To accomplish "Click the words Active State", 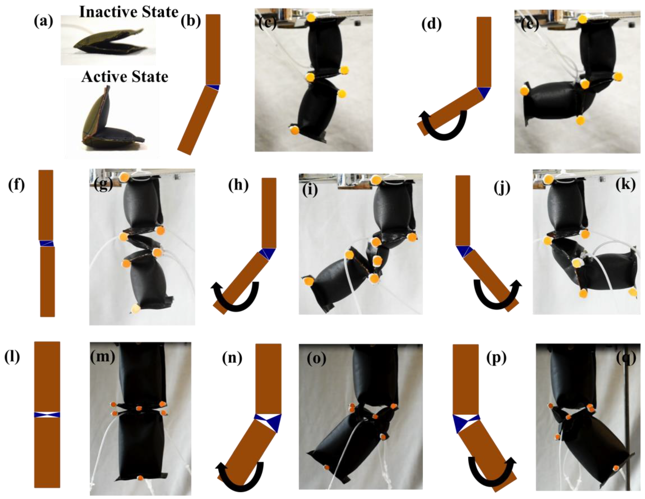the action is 125,77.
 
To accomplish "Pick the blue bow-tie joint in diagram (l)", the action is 47,415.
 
